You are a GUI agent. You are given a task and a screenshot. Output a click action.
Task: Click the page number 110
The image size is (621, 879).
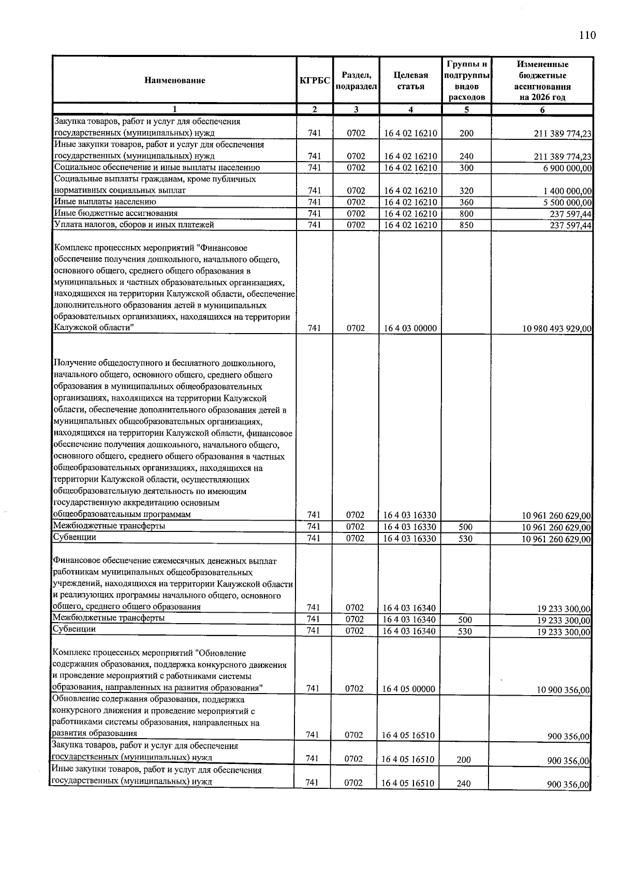coord(587,35)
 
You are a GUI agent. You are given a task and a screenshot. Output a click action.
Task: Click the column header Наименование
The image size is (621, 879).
coord(174,80)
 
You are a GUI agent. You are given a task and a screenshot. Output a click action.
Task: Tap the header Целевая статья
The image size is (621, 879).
coord(410,81)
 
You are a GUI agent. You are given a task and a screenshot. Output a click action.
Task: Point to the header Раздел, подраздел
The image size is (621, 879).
coord(356,81)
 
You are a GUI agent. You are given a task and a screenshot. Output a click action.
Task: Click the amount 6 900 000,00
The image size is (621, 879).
coord(567,168)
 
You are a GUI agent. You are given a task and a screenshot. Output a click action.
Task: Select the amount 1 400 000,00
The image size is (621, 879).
coord(567,191)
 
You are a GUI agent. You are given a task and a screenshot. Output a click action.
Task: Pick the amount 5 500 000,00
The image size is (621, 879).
coord(567,203)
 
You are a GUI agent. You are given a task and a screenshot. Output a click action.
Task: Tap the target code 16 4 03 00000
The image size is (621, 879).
coord(410,328)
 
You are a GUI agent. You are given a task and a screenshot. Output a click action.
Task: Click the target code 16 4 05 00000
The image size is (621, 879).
coord(409,689)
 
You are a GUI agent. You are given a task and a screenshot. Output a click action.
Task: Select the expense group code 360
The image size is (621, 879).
coord(466,203)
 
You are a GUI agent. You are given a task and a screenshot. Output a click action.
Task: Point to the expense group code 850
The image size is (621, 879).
coord(466,225)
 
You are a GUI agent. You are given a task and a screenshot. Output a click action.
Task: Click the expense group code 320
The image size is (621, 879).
coord(466,191)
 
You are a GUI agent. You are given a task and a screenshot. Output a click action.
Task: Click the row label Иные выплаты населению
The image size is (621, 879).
coord(105,201)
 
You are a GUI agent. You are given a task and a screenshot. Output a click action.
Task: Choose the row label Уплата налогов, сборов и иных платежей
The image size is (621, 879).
coord(134,224)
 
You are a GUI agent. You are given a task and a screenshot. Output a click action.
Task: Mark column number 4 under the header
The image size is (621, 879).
coord(410,109)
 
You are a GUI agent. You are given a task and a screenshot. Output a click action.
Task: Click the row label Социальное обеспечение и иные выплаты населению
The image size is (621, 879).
coord(157,167)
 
